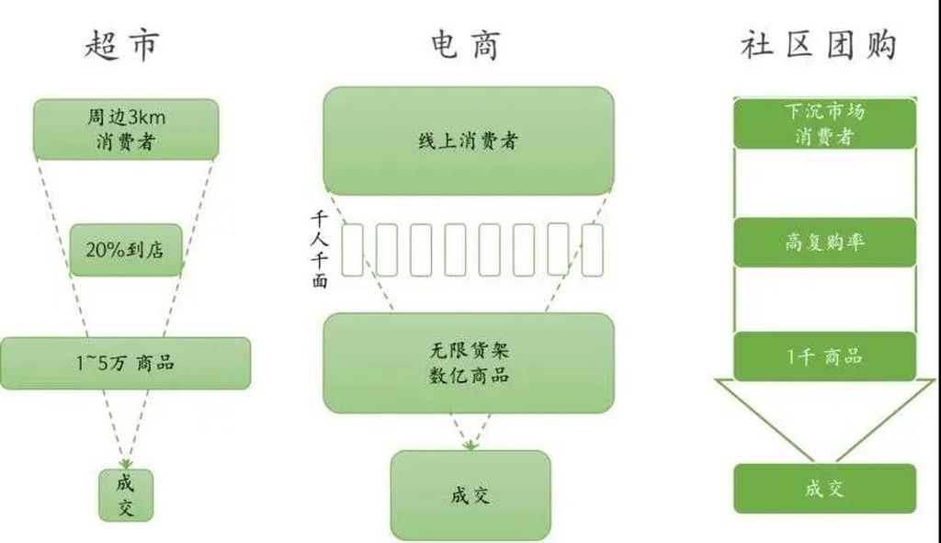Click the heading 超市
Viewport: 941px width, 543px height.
pyautogui.click(x=122, y=44)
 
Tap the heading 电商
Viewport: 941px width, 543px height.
pyautogui.click(x=466, y=44)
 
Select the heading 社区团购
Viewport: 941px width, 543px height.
pyautogui.click(x=819, y=44)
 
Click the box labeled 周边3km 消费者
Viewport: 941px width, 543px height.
pyautogui.click(x=126, y=129)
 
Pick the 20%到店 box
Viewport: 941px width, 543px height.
pyautogui.click(x=126, y=250)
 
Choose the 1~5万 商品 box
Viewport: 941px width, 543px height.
pyautogui.click(x=125, y=363)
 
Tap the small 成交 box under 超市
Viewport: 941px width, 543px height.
pyautogui.click(x=126, y=495)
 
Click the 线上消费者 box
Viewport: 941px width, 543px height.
pyautogui.click(x=469, y=141)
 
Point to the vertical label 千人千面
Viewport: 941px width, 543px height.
pyautogui.click(x=320, y=249)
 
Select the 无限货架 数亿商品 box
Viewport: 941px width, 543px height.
pyautogui.click(x=469, y=363)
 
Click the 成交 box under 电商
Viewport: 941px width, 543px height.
pyautogui.click(x=470, y=495)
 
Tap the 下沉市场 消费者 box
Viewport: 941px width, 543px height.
pyautogui.click(x=825, y=124)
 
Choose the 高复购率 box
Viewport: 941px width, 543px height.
pyautogui.click(x=825, y=243)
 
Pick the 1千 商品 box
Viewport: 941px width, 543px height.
pyautogui.click(x=825, y=356)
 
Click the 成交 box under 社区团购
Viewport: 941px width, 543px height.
pyautogui.click(x=825, y=489)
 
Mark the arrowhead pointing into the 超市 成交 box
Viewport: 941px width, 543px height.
pyautogui.click(x=125, y=464)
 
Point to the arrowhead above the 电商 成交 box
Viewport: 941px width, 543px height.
pyautogui.click(x=470, y=446)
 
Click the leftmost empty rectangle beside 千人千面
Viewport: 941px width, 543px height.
pyautogui.click(x=353, y=250)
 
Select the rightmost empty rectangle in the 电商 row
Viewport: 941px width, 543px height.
pyautogui.click(x=593, y=250)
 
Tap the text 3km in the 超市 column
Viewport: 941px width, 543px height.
pyautogui.click(x=146, y=117)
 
